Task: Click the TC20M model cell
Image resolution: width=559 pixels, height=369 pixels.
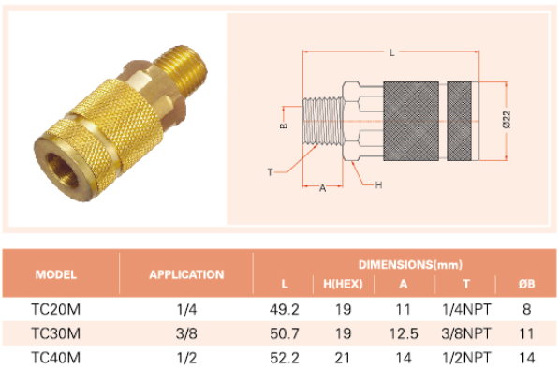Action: tap(55, 309)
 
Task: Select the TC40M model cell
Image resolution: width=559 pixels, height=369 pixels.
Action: tap(55, 358)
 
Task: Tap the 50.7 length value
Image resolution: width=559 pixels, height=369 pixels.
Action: tap(284, 333)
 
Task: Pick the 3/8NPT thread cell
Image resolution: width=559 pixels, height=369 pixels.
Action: tap(466, 333)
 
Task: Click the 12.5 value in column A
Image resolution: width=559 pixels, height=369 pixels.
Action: tap(404, 333)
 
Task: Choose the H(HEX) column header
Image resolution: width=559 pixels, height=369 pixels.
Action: tap(343, 284)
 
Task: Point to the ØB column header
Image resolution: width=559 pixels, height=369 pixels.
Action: tap(526, 284)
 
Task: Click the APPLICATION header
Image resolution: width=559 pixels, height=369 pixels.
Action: tap(186, 274)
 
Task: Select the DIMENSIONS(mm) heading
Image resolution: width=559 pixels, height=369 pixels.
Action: tap(410, 264)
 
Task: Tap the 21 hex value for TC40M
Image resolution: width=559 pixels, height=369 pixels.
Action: tap(343, 358)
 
